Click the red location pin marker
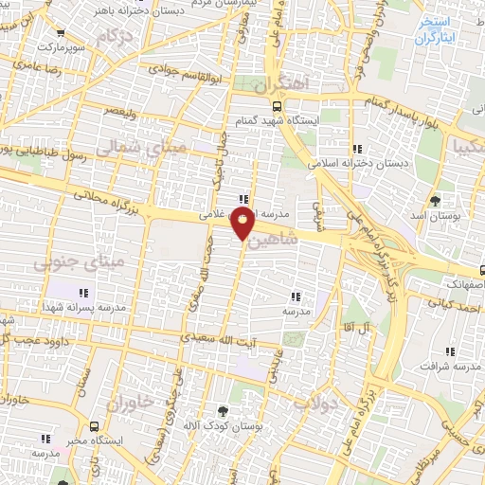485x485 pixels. (243, 225)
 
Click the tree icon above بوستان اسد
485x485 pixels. (435, 200)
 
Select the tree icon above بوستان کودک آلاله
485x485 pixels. (223, 411)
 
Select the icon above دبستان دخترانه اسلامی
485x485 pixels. (357, 149)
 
